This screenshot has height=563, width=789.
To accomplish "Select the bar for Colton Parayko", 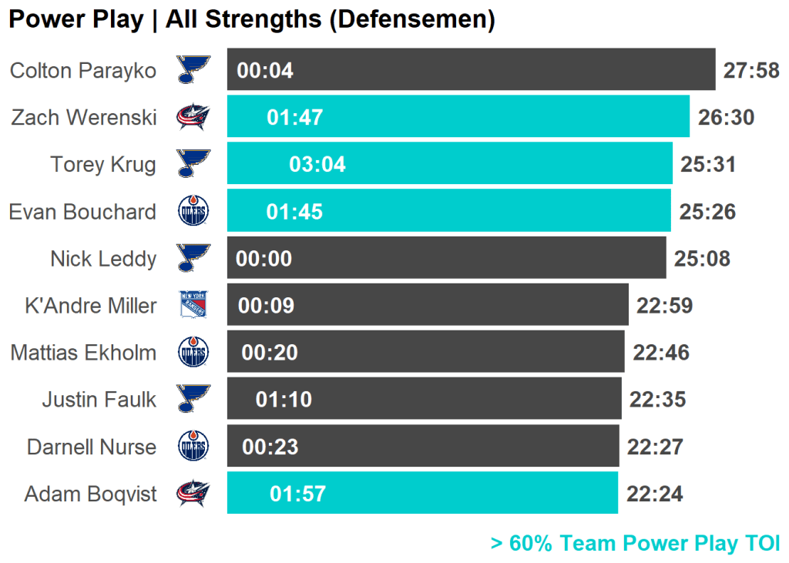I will (471, 70).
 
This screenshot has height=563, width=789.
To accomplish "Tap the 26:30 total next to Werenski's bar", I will (726, 117).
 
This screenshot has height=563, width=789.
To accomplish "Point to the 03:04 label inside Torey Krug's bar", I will (317, 164).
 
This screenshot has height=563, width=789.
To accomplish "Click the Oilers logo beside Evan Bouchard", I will (193, 211).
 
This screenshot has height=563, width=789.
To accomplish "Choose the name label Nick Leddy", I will (103, 258).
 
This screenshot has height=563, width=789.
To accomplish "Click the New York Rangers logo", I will (193, 305).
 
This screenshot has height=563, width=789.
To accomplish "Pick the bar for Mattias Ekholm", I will (425, 352).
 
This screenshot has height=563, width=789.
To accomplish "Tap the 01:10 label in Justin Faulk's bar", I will (284, 400).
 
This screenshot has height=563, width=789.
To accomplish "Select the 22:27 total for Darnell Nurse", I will (655, 447).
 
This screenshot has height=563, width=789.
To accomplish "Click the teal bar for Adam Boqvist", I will (422, 493).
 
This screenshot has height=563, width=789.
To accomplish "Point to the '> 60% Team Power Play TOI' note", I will (635, 544).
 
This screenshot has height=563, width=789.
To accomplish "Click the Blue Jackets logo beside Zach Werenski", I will (193, 117).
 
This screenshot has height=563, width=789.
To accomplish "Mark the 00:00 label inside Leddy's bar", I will (264, 259).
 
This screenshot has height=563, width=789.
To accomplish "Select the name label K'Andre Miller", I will (91, 306).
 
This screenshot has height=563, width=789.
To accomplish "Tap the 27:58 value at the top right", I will (751, 71).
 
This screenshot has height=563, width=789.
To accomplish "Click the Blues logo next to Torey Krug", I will (193, 164).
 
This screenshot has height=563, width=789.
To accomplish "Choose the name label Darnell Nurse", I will (92, 447).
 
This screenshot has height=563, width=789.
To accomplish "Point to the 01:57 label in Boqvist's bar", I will (297, 494).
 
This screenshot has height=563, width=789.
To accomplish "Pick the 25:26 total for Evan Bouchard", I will (707, 212).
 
